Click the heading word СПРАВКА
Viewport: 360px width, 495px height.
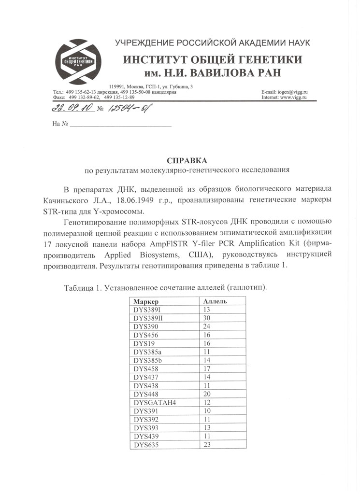coord(187,160)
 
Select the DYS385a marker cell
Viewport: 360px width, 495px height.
coord(149,352)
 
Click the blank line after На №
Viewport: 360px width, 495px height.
coord(121,125)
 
